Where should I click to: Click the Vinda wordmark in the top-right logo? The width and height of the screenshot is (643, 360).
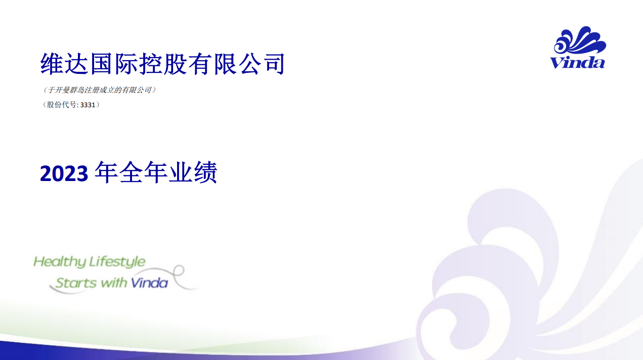[x=577, y=63]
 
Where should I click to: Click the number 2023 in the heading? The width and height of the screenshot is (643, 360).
[x=64, y=173]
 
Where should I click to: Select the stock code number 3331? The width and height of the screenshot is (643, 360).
[x=88, y=105]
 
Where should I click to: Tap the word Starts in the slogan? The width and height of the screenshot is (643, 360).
[x=76, y=283]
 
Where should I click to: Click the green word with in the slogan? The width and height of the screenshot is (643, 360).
[x=114, y=283]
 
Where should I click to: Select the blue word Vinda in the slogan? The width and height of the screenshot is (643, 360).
[x=149, y=283]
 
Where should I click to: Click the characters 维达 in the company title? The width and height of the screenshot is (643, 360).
[x=64, y=64]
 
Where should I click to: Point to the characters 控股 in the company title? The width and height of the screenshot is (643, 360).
[x=163, y=64]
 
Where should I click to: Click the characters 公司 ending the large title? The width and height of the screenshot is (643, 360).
[x=262, y=64]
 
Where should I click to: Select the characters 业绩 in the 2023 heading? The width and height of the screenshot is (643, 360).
[x=193, y=172]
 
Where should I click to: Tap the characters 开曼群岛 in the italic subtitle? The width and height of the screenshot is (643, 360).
[x=69, y=90]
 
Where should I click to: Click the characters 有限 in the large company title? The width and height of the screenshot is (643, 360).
[x=212, y=64]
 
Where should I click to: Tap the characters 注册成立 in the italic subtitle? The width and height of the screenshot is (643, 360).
[x=99, y=90]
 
